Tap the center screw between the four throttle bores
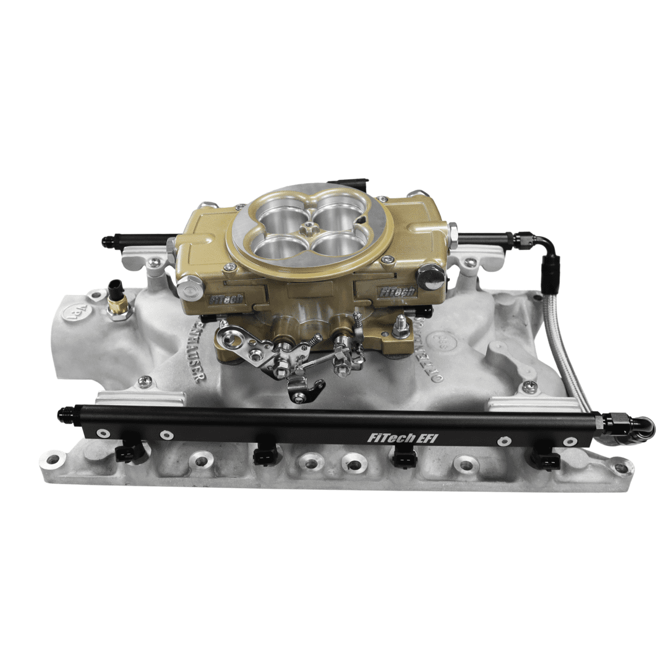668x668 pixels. pyautogui.click(x=307, y=229)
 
